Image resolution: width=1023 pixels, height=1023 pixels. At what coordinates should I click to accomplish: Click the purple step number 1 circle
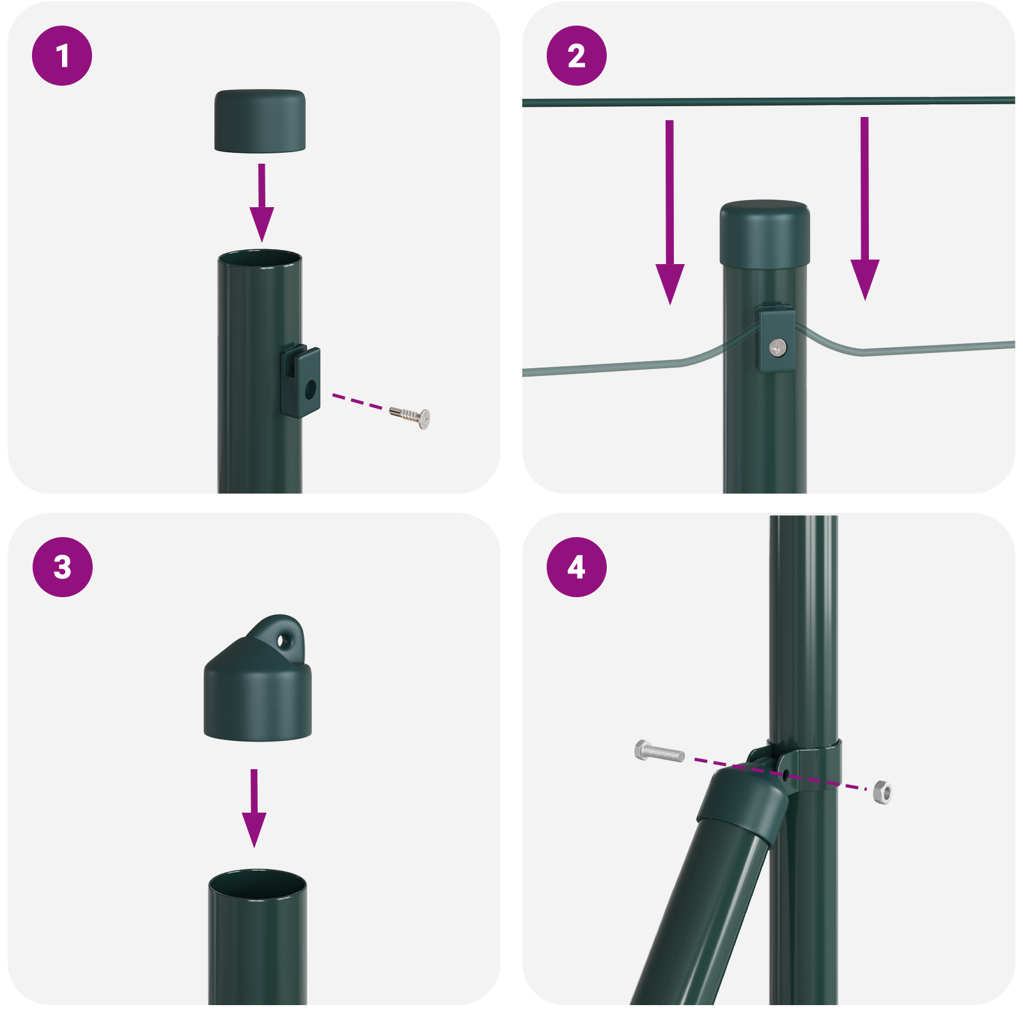coord(62,56)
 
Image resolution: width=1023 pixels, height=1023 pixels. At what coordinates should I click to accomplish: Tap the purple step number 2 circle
coord(576,56)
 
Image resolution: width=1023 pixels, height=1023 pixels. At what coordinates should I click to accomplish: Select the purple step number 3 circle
coord(62,567)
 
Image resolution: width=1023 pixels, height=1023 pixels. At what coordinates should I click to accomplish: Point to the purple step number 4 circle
coord(576,567)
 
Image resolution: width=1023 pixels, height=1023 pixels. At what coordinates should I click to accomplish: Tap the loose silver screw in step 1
coord(410,415)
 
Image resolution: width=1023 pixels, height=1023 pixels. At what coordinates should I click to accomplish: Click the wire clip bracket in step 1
coord(301,381)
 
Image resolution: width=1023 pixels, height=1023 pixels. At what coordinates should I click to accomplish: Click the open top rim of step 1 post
coord(260,258)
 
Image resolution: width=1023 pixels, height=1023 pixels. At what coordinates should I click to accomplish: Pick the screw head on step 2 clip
coord(777,348)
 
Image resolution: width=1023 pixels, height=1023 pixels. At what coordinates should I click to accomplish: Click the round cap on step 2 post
coord(765,234)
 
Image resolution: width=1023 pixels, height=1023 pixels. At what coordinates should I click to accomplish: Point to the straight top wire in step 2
coord(767,101)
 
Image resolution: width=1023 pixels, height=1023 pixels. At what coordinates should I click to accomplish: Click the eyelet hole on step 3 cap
coord(282,639)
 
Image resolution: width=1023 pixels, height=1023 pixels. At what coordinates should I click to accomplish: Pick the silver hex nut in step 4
coord(882,792)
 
